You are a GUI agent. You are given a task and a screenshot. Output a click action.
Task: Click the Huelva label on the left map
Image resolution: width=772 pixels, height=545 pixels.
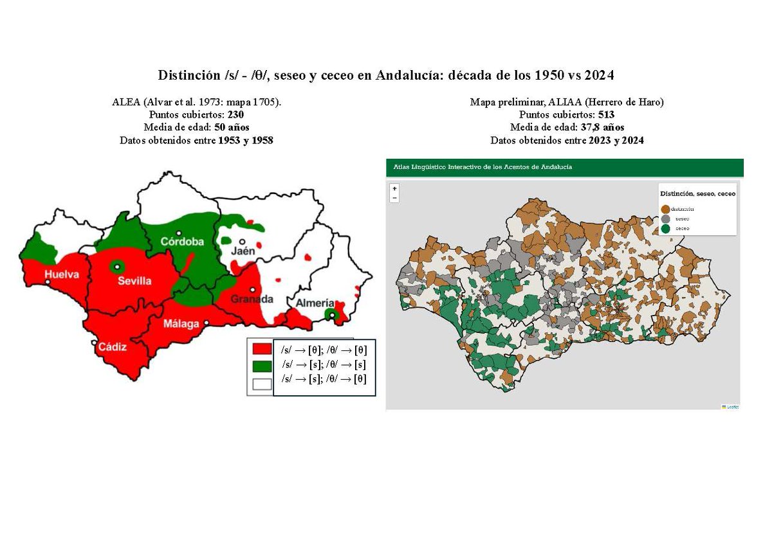(62, 274)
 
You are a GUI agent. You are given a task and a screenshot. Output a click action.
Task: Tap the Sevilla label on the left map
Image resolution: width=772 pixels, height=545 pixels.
(134, 281)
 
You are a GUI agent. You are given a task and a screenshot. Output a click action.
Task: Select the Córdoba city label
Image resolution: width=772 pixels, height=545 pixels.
(182, 242)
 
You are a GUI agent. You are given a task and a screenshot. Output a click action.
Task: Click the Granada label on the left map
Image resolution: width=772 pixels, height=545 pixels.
(252, 299)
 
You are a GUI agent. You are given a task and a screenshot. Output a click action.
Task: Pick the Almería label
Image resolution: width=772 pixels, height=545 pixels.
(314, 303)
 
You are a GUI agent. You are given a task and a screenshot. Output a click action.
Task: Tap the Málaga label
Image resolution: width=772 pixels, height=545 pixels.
(181, 323)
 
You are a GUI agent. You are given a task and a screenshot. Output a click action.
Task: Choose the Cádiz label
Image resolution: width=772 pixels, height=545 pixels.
(112, 347)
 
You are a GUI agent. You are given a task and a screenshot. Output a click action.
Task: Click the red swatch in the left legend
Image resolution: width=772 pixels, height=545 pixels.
(261, 350)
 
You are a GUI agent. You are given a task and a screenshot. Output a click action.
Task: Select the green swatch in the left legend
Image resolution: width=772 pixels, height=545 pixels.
(261, 366)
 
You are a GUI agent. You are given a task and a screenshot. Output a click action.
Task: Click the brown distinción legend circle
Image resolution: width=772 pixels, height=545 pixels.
(665, 209)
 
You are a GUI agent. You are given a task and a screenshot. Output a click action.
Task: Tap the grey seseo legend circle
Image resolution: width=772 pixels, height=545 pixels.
(665, 219)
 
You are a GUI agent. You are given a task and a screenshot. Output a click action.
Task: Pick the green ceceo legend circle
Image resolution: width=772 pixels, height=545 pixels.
(665, 228)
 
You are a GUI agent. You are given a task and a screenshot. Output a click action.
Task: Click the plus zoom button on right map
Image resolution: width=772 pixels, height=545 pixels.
(394, 188)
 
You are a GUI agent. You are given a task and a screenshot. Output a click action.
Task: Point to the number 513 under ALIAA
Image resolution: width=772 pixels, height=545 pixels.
(605, 114)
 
